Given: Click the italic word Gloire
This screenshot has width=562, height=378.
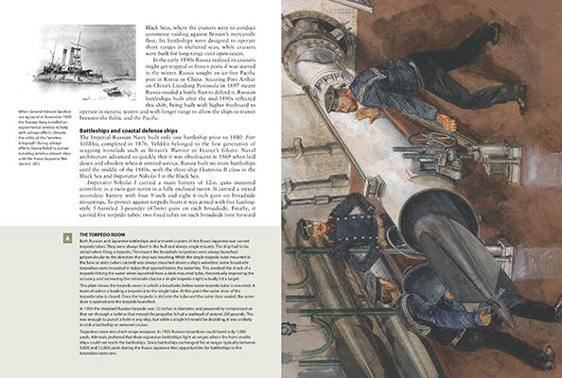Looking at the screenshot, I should (x=255, y=147).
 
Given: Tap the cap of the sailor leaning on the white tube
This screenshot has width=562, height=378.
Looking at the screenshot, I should (x=332, y=95).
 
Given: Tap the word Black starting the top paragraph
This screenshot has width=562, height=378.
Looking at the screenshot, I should (x=152, y=29).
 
